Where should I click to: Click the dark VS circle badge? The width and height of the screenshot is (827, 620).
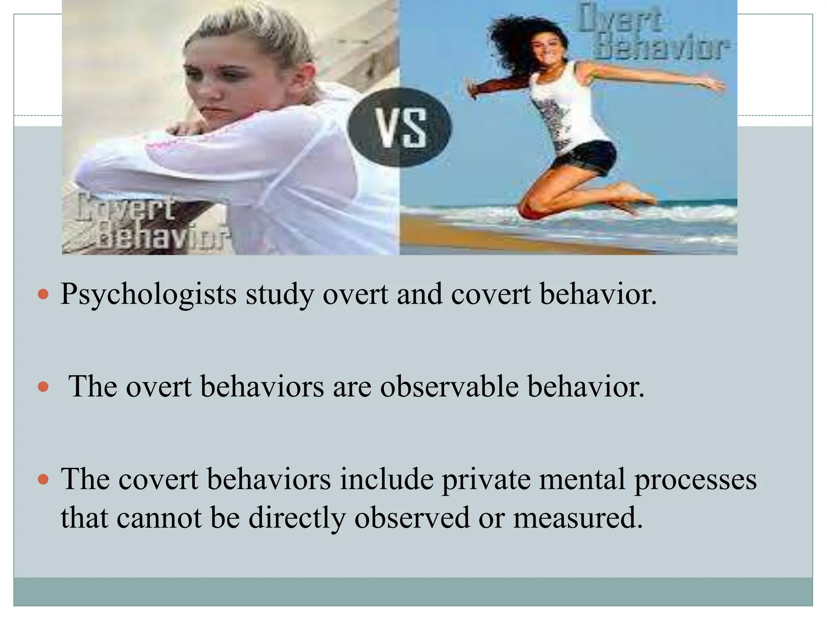pyautogui.click(x=400, y=127)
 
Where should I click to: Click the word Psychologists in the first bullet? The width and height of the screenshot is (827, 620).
pyautogui.click(x=148, y=295)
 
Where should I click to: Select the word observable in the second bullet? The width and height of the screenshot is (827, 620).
pyautogui.click(x=449, y=387)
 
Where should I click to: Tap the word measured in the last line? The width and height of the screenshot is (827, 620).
pyautogui.click(x=577, y=517)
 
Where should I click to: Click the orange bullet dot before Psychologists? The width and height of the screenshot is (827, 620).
pyautogui.click(x=43, y=295)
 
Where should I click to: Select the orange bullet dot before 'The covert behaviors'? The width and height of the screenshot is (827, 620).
pyautogui.click(x=43, y=480)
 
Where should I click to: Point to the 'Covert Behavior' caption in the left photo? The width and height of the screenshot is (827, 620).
pyautogui.click(x=149, y=222)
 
